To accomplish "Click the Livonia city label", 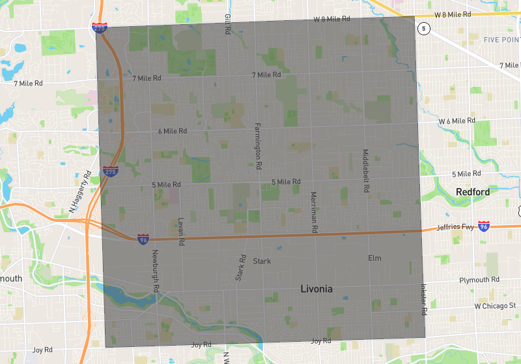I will [316, 288].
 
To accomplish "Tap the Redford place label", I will [472, 192].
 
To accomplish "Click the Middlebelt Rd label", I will [365, 170].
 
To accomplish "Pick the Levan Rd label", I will [181, 232].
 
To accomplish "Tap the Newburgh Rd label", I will [156, 271].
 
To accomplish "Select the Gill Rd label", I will [227, 25].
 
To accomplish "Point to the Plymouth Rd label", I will [479, 279].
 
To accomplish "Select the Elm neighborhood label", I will [374, 258].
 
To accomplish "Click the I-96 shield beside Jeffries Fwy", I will [483, 226].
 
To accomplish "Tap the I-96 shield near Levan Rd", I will [143, 239].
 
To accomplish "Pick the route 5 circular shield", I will [425, 28].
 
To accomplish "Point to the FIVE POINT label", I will [501, 40].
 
